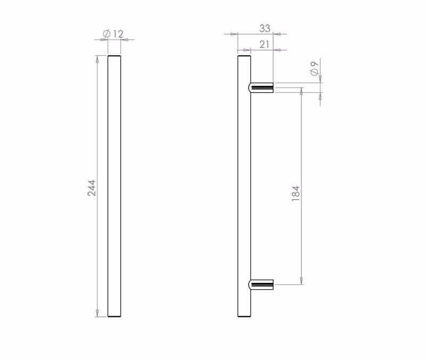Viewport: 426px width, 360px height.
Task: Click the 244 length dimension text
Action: (92, 188)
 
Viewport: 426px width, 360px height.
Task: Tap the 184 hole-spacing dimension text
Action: (296, 193)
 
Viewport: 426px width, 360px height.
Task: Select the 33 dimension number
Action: (265, 28)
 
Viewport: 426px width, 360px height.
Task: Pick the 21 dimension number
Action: (264, 44)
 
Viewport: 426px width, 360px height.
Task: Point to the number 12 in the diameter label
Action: (118, 34)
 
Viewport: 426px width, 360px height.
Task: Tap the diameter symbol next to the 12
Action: (107, 34)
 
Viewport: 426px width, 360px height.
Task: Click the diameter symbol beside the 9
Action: (314, 72)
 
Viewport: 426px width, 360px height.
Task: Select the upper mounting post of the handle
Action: (261, 87)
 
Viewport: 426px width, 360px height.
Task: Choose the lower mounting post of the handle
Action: (261, 284)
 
